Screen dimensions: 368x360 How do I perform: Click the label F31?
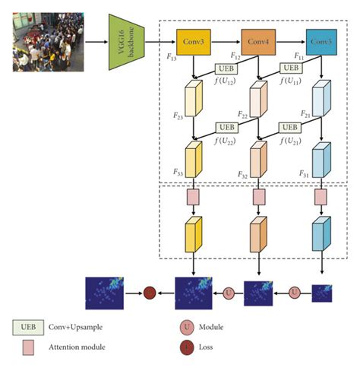[x=303, y=173]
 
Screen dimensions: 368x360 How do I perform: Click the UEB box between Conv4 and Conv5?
[x=290, y=68]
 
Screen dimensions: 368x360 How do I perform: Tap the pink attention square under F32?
[x=259, y=198]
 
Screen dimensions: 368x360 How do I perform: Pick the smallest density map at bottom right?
[x=322, y=292]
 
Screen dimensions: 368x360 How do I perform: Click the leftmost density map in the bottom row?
[x=108, y=291]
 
